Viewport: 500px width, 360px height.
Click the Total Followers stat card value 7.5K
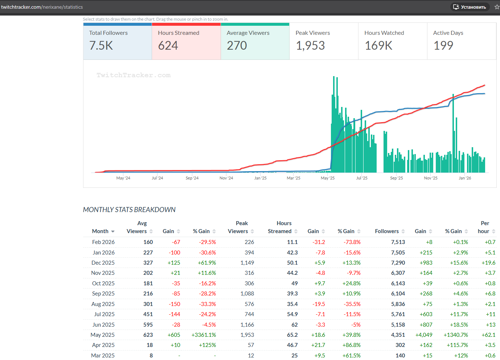click(101, 46)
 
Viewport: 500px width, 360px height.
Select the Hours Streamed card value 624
click(168, 46)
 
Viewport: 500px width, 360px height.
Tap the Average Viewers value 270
click(237, 46)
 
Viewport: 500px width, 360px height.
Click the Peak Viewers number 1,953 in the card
click(310, 46)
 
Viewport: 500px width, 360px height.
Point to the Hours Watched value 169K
click(378, 46)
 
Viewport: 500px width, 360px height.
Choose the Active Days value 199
click(443, 46)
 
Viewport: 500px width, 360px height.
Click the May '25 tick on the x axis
click(328, 178)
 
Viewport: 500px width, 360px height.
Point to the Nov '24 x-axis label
click(226, 178)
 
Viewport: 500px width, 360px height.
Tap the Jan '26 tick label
click(465, 178)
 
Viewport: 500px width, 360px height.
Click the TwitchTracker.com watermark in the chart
click(134, 75)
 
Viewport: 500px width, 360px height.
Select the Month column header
click(100, 231)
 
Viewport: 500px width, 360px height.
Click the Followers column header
click(387, 231)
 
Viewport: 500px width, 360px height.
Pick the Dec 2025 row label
click(103, 263)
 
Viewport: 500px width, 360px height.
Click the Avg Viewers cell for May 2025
click(148, 335)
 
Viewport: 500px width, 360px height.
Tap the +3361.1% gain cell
click(204, 335)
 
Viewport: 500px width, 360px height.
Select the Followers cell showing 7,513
click(398, 242)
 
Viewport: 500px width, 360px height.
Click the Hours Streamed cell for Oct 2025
click(294, 284)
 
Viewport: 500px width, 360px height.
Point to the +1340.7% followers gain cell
click(456, 335)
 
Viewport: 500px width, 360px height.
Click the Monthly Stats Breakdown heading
click(129, 210)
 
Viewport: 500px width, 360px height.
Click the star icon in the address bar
click(497, 7)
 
